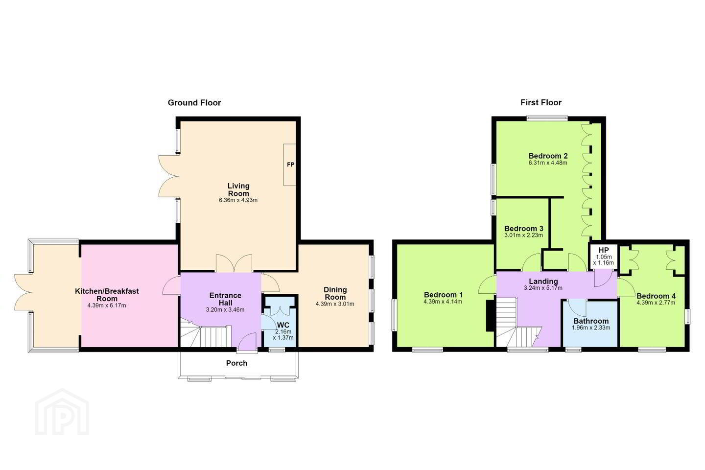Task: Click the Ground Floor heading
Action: click(194, 103)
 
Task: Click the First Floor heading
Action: click(540, 103)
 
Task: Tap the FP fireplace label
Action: click(290, 164)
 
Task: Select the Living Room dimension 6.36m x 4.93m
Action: click(238, 200)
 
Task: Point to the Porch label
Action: click(236, 363)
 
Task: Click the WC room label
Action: click(283, 325)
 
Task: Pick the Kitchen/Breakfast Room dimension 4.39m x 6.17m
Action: click(107, 305)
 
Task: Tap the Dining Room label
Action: click(335, 293)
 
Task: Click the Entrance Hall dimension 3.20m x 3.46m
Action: click(225, 310)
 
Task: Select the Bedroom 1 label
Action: click(443, 295)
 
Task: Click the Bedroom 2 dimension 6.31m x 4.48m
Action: click(548, 163)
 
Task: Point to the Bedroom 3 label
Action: click(524, 228)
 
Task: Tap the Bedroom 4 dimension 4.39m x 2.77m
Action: click(656, 303)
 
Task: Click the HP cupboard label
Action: click(603, 250)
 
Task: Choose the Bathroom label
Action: click(591, 321)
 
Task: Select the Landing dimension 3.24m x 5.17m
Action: click(543, 288)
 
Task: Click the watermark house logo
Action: click(62, 412)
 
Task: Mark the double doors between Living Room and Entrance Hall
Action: click(234, 263)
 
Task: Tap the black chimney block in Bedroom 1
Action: click(490, 315)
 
